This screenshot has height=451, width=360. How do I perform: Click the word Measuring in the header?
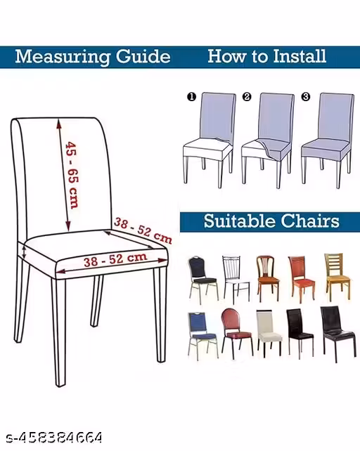pos(63,57)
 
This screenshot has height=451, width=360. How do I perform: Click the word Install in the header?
pos(300,56)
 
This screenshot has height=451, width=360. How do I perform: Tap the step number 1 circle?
pos(191,97)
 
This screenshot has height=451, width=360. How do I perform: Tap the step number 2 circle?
pos(247,97)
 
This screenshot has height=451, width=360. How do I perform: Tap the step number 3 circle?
pos(306,97)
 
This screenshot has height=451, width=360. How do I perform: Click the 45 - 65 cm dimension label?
pos(72,175)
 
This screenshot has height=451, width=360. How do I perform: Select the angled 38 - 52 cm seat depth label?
pos(143,230)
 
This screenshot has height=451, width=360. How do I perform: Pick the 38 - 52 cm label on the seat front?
pos(115,260)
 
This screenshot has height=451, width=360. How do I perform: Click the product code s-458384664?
pos(54,438)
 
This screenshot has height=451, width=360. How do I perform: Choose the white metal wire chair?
pos(236,279)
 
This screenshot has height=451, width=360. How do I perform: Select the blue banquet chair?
pos(203,336)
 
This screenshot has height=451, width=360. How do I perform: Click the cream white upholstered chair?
pos(269,333)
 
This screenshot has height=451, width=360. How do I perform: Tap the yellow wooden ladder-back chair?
pos(337,277)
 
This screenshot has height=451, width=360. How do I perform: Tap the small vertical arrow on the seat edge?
pos(25,252)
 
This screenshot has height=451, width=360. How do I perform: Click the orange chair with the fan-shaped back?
pos(268,278)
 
